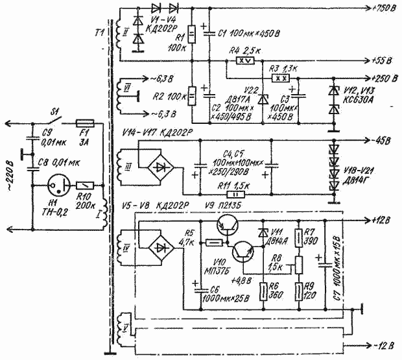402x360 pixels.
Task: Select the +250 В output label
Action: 382,78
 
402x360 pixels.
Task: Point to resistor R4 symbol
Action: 243,61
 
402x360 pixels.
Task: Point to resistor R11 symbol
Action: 230,193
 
